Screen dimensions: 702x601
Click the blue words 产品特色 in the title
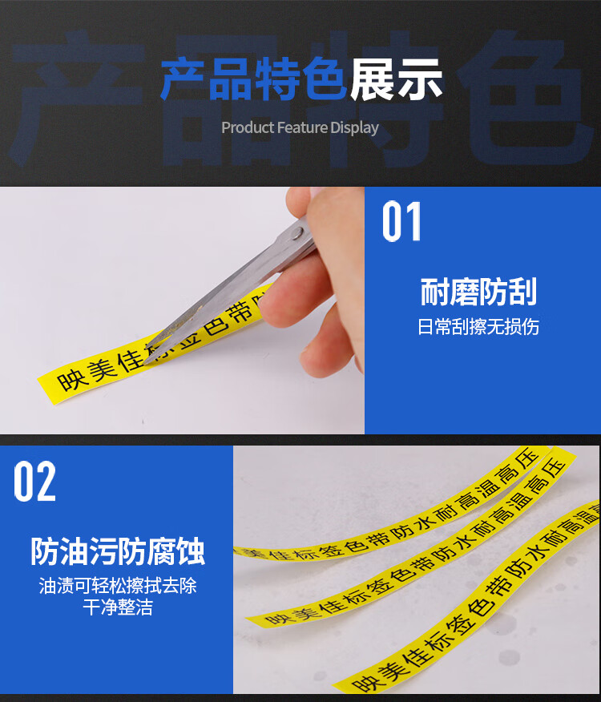click(254, 80)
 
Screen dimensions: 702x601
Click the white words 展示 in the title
click(396, 80)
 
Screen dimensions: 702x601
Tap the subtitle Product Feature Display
click(300, 128)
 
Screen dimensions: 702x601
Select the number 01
click(401, 222)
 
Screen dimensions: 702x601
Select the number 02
click(35, 481)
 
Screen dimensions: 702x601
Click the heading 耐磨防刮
click(478, 293)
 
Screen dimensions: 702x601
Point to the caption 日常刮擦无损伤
click(478, 327)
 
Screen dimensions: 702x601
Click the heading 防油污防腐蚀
click(118, 551)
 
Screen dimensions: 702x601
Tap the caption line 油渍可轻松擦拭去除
click(118, 587)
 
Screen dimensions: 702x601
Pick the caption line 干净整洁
click(118, 607)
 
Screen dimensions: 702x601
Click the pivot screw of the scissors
click(296, 233)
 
